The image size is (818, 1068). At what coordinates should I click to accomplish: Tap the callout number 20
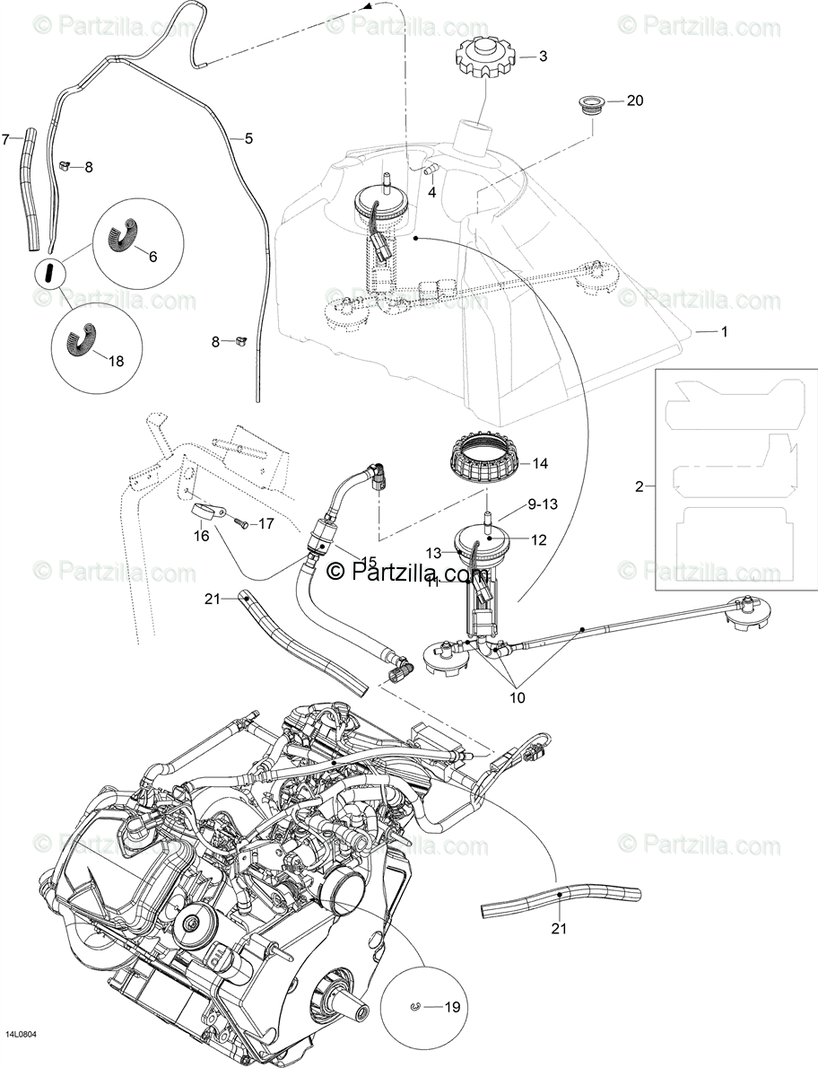point(635,101)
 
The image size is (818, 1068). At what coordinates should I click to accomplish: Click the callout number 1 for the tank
point(724,331)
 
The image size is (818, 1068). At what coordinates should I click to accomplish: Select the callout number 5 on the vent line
point(248,138)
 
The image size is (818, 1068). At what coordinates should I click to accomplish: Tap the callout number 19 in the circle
point(452,1007)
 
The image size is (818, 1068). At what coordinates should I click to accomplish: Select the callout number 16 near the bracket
point(200,536)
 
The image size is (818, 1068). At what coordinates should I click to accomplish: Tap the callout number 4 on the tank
point(431,192)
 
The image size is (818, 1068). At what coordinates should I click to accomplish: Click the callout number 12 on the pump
point(538,540)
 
